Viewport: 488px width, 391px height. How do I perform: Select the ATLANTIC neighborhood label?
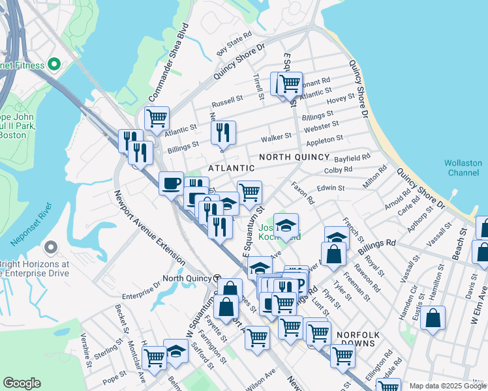click(x=231, y=168)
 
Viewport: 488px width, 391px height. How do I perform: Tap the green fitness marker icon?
click(x=54, y=65)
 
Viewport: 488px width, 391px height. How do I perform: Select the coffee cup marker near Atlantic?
click(x=171, y=183)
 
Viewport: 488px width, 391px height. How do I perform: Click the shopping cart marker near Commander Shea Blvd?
click(x=157, y=119)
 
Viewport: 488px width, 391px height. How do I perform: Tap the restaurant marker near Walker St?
click(x=223, y=132)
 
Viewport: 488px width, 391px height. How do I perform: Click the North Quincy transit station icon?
click(x=217, y=278)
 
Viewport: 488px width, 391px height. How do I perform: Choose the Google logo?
click(x=22, y=383)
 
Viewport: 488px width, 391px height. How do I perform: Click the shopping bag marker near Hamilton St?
click(x=433, y=318)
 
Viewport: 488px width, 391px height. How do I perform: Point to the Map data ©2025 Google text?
click(x=448, y=386)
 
